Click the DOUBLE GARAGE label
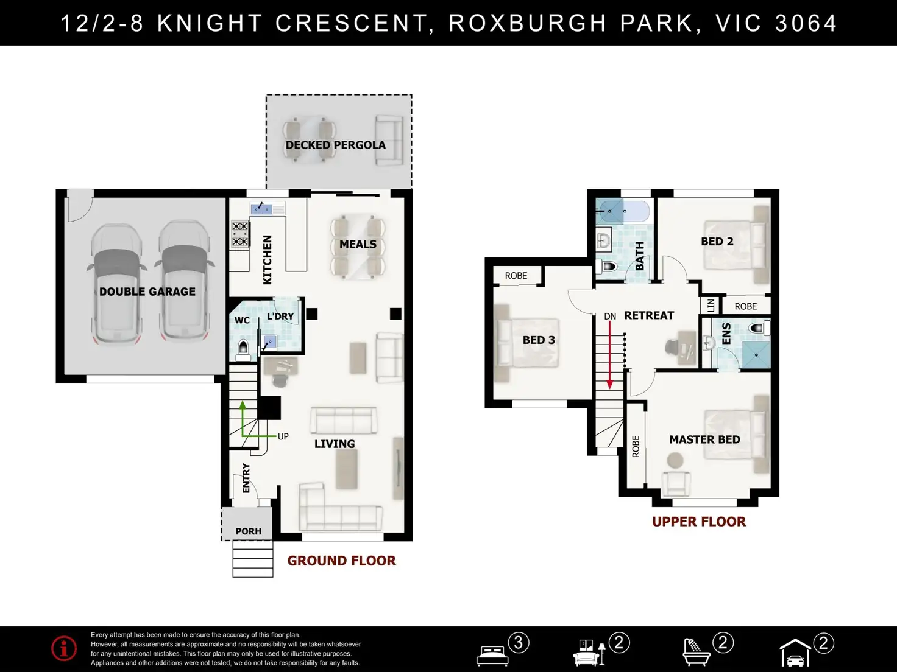(147, 292)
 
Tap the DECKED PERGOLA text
(336, 145)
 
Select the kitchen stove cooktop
(240, 234)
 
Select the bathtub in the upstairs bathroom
(622, 211)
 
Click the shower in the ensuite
(756, 355)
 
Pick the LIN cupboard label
(711, 306)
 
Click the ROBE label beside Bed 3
(516, 276)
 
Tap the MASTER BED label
(704, 439)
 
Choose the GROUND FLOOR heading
(342, 561)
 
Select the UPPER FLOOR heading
(699, 522)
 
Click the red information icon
(64, 648)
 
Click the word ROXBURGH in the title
(527, 23)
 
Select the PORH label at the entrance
(249, 531)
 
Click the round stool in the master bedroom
(675, 460)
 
